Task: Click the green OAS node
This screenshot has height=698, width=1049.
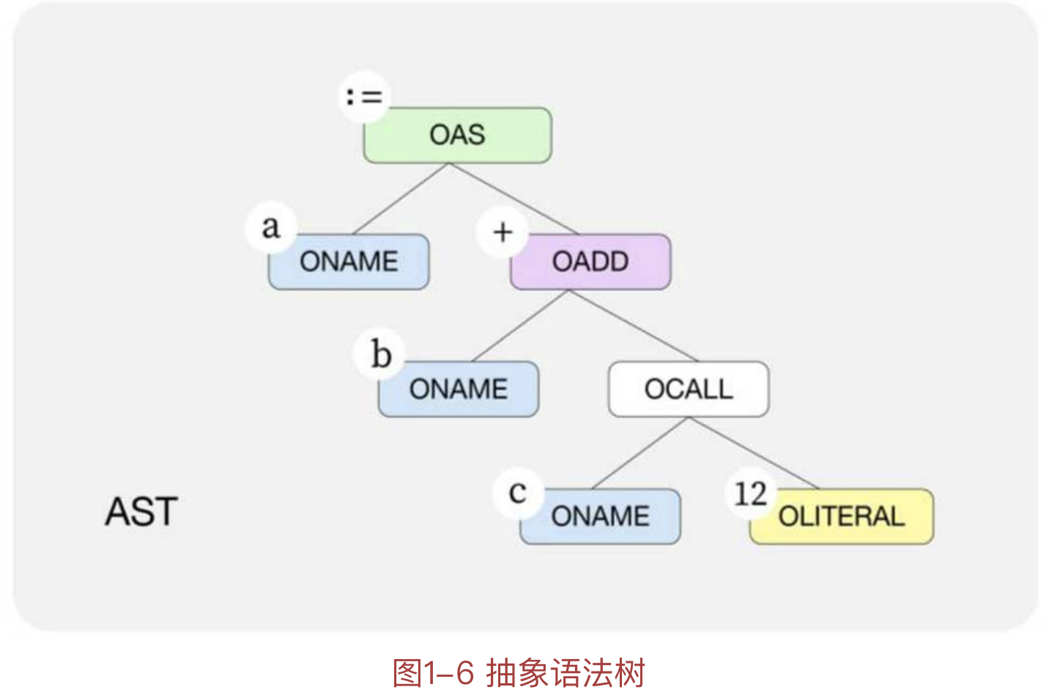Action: (x=457, y=135)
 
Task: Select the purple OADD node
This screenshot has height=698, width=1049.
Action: (x=590, y=262)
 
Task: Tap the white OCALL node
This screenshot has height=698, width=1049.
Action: (x=689, y=389)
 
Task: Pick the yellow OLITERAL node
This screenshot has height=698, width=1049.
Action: (x=842, y=516)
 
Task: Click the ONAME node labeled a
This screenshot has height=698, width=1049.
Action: (x=349, y=262)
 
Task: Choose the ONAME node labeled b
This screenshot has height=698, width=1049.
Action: (x=459, y=389)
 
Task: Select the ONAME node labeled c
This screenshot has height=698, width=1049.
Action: (x=600, y=516)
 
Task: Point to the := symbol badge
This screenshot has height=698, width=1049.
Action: (x=364, y=96)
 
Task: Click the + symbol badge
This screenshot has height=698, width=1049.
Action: (x=503, y=232)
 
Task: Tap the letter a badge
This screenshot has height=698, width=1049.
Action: (x=271, y=227)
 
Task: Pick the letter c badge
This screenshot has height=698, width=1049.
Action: (x=518, y=492)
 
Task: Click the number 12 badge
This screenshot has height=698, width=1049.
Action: (x=751, y=493)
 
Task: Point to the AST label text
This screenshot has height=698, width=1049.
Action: (x=141, y=512)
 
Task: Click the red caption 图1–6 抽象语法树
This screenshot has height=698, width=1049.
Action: (x=519, y=672)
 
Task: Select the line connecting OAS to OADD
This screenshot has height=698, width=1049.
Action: (x=513, y=199)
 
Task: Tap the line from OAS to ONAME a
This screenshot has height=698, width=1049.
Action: (x=401, y=198)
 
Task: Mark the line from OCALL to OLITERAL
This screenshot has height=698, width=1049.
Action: (x=753, y=452)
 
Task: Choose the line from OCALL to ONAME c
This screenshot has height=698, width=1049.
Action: (x=640, y=452)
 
